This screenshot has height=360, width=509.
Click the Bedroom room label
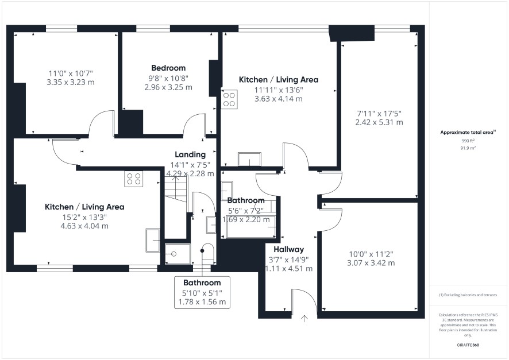coord(168,68)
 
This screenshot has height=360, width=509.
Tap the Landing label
coord(190,154)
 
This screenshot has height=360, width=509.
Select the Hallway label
coord(288,249)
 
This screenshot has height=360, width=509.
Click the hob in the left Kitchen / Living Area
coord(134,179)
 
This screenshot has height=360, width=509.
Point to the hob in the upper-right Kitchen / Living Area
coord(229,99)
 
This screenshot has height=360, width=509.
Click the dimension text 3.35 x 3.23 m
coord(71,82)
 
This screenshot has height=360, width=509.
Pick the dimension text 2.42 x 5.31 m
coord(379,123)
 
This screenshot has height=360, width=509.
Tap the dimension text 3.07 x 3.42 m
coord(371,263)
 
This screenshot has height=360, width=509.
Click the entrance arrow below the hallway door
coord(304,319)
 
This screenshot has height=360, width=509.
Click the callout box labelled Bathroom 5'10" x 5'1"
coord(202,292)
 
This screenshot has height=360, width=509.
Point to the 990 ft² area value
coord(468,141)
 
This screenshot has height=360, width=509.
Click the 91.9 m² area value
coord(468,148)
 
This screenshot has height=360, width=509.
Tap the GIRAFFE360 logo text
coord(468,345)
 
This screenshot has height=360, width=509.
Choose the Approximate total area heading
coord(468,132)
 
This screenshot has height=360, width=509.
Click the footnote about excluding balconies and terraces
coord(468,295)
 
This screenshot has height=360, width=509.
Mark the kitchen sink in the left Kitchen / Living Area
coord(153,241)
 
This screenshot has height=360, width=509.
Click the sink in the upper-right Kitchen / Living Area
coord(250,159)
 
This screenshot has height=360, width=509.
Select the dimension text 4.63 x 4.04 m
coord(84,226)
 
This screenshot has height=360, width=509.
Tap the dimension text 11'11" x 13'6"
coord(279,90)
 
